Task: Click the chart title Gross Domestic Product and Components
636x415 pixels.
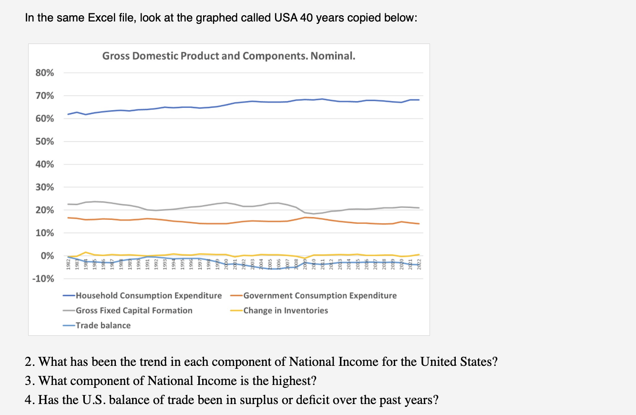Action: [x=229, y=56]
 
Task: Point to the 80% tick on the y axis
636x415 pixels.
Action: [x=45, y=73]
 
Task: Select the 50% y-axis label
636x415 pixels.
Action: [x=45, y=142]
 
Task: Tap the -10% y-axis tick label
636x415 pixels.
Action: [x=43, y=279]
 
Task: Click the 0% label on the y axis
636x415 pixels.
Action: [x=47, y=256]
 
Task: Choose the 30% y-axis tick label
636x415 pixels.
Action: [x=45, y=187]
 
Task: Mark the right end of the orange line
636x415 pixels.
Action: [x=419, y=224]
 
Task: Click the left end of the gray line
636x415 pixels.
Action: [x=68, y=204]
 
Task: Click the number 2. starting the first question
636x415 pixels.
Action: [x=30, y=362]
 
